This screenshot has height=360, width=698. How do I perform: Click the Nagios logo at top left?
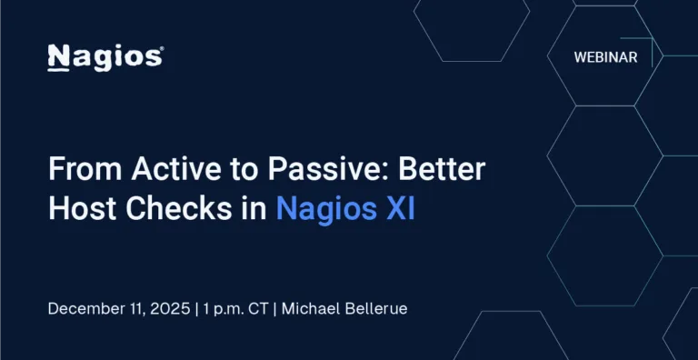coord(104,56)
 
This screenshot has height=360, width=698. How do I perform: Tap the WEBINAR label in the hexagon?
coord(605,56)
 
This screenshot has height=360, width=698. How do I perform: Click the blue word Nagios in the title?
coord(324,209)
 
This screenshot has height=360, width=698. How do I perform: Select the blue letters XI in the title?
coord(399,209)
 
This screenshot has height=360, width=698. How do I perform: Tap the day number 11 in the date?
coord(137,308)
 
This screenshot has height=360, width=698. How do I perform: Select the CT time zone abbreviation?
coord(263,308)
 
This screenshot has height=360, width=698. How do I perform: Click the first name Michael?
coord(312,308)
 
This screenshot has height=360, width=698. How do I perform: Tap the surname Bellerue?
coord(376,308)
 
